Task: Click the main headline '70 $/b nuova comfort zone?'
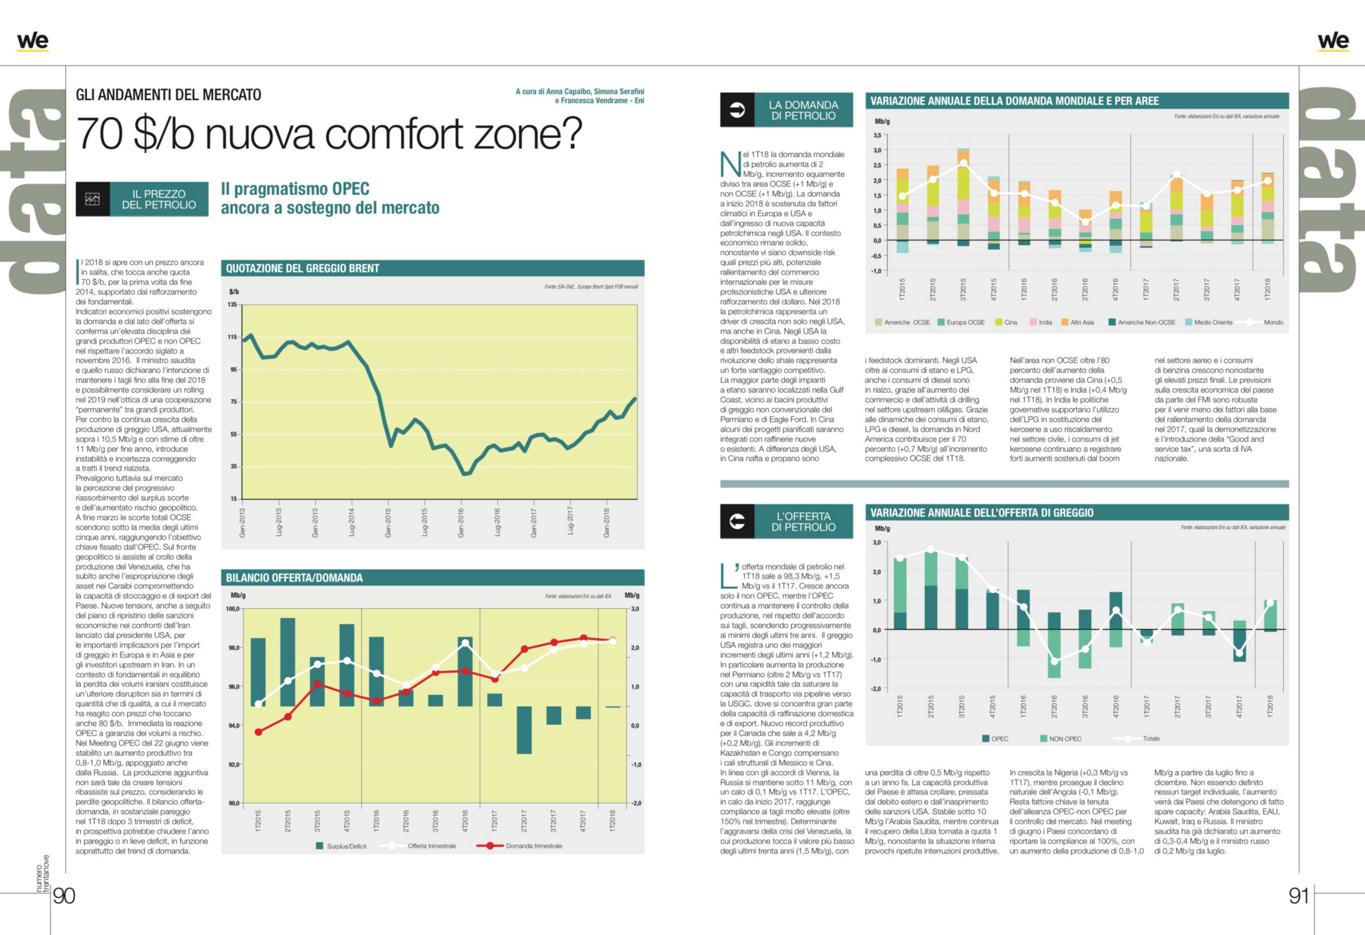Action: point(329,134)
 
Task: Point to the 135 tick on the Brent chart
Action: point(232,304)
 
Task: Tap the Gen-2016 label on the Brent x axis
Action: point(461,523)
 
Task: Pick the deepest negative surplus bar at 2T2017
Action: point(524,730)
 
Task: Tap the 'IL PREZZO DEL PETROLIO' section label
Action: point(158,199)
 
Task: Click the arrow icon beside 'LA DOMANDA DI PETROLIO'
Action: point(736,110)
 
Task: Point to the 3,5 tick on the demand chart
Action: point(877,136)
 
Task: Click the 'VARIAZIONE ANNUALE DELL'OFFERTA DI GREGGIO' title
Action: point(981,513)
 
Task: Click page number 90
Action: point(64,896)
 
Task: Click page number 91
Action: point(1299,896)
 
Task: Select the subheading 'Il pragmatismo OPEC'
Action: point(295,189)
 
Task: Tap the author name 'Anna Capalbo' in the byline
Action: point(568,92)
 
